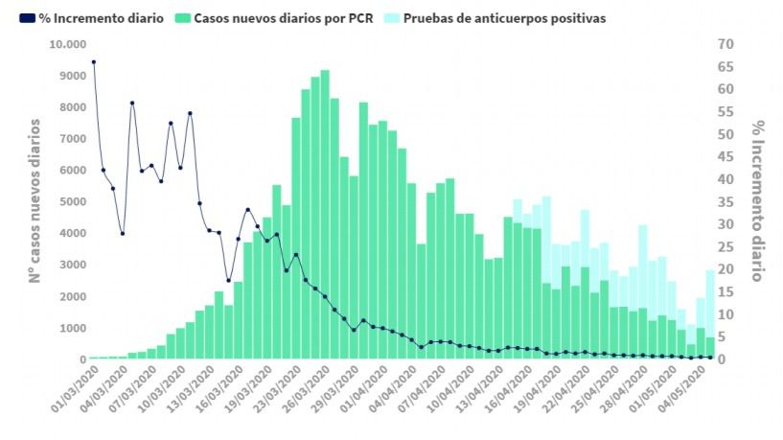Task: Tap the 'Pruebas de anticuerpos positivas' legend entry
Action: click(x=504, y=18)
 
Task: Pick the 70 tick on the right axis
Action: click(x=725, y=44)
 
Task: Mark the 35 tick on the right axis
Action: click(x=725, y=202)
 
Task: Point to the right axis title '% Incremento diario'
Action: click(x=757, y=201)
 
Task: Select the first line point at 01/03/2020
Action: click(x=93, y=61)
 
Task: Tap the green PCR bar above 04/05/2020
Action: click(x=710, y=348)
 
